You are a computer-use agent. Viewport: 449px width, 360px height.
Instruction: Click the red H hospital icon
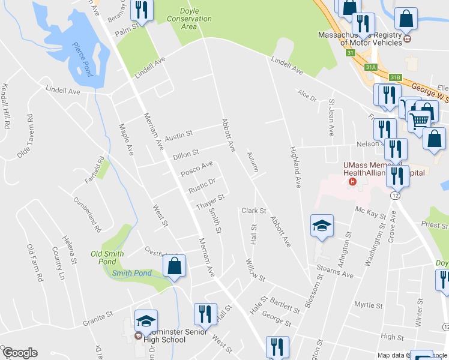(353, 181)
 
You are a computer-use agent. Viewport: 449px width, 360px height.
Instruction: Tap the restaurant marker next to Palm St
(142, 9)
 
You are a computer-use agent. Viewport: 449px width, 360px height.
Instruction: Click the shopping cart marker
(420, 121)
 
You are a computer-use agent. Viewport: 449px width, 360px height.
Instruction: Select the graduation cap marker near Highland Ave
(322, 226)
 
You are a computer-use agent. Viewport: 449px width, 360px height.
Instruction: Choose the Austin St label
(178, 136)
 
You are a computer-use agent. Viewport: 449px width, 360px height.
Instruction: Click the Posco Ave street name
(197, 168)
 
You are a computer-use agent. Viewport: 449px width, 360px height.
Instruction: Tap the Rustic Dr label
(201, 185)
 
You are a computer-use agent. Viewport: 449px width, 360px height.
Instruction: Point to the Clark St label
(253, 211)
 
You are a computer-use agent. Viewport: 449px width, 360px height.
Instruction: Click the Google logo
(19, 353)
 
